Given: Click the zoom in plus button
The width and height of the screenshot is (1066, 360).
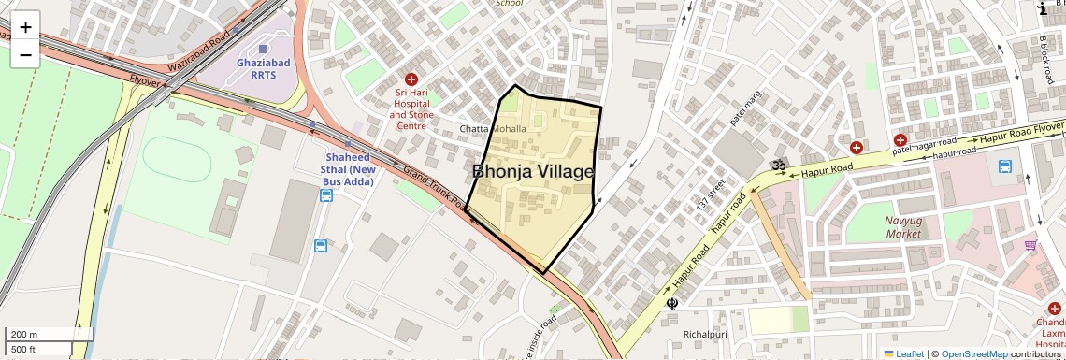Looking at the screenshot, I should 25,27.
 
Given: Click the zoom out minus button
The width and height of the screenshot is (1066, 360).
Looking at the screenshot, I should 25,54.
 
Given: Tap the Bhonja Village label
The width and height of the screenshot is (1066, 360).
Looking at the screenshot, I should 533,172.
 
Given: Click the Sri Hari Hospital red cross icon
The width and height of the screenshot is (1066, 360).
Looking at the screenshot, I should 411,80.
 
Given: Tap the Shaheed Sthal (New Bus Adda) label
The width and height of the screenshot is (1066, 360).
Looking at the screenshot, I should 349,169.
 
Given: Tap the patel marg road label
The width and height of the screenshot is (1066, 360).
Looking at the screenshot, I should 745,108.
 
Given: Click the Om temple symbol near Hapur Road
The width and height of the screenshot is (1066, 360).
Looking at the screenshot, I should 775,166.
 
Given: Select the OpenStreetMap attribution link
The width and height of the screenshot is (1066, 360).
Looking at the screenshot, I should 974,354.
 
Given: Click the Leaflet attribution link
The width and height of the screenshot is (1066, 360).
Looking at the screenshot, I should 903,354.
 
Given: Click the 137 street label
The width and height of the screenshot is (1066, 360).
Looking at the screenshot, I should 715,196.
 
